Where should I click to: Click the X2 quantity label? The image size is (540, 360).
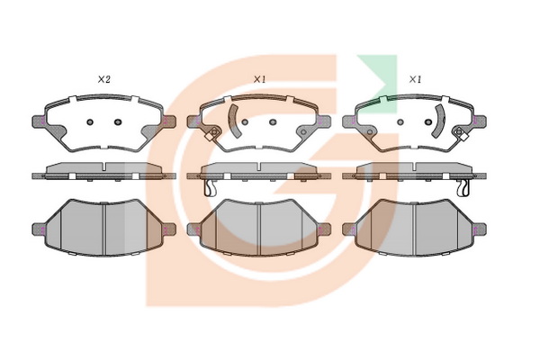[x=103, y=79]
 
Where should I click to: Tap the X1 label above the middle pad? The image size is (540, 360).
[x=259, y=79]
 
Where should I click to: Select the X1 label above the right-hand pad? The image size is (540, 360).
[x=415, y=79]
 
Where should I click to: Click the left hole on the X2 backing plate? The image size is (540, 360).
[x=90, y=122]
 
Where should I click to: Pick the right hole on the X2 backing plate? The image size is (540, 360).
[x=118, y=122]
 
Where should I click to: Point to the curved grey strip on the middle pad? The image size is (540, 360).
[x=233, y=121]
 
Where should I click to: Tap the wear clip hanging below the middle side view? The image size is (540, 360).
[x=210, y=188]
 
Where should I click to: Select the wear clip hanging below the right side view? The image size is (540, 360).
[x=463, y=188]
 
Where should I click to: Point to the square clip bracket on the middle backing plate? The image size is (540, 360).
[x=211, y=134]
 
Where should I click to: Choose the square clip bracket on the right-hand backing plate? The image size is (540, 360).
[x=462, y=134]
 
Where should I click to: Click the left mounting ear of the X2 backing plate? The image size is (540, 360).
[x=38, y=121]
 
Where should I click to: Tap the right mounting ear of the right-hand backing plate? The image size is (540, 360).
[x=480, y=121]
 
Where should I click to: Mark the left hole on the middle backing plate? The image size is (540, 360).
[x=245, y=122]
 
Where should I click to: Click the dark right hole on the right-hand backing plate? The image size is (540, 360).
[x=428, y=122]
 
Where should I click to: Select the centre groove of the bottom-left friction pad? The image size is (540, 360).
[x=104, y=229]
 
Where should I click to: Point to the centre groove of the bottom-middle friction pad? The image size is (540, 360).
[x=259, y=229]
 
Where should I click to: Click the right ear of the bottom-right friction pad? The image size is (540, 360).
[x=480, y=229]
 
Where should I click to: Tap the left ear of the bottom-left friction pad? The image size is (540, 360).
[x=38, y=229]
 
